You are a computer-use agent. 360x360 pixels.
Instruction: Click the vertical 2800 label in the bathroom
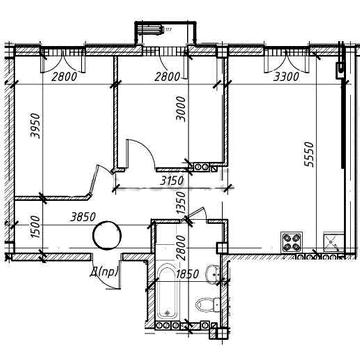coord(181,240)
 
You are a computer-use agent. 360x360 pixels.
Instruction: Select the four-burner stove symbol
coord(293,240)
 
